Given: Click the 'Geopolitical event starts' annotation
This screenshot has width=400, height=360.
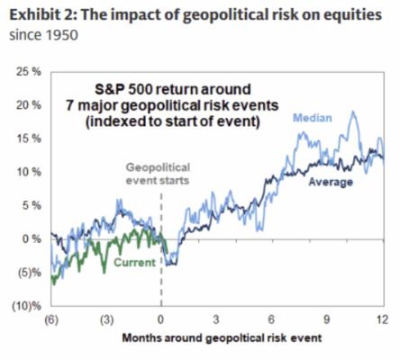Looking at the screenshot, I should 162,173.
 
